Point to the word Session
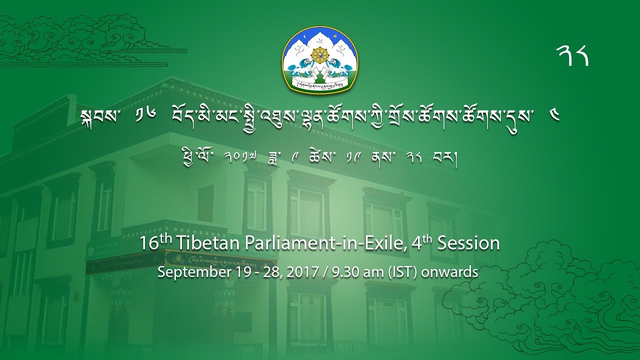(x=468, y=243)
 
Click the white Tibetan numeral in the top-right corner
(x=572, y=55)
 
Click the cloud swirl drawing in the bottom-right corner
(x=565, y=300)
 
